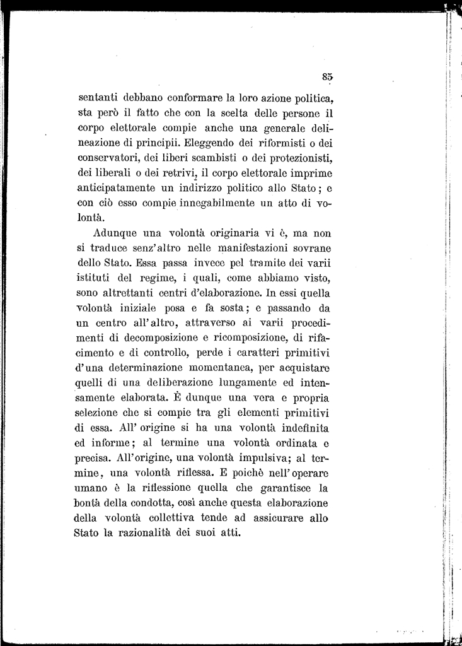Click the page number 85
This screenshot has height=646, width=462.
[x=326, y=76]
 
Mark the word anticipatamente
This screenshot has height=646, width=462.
[x=117, y=187]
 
